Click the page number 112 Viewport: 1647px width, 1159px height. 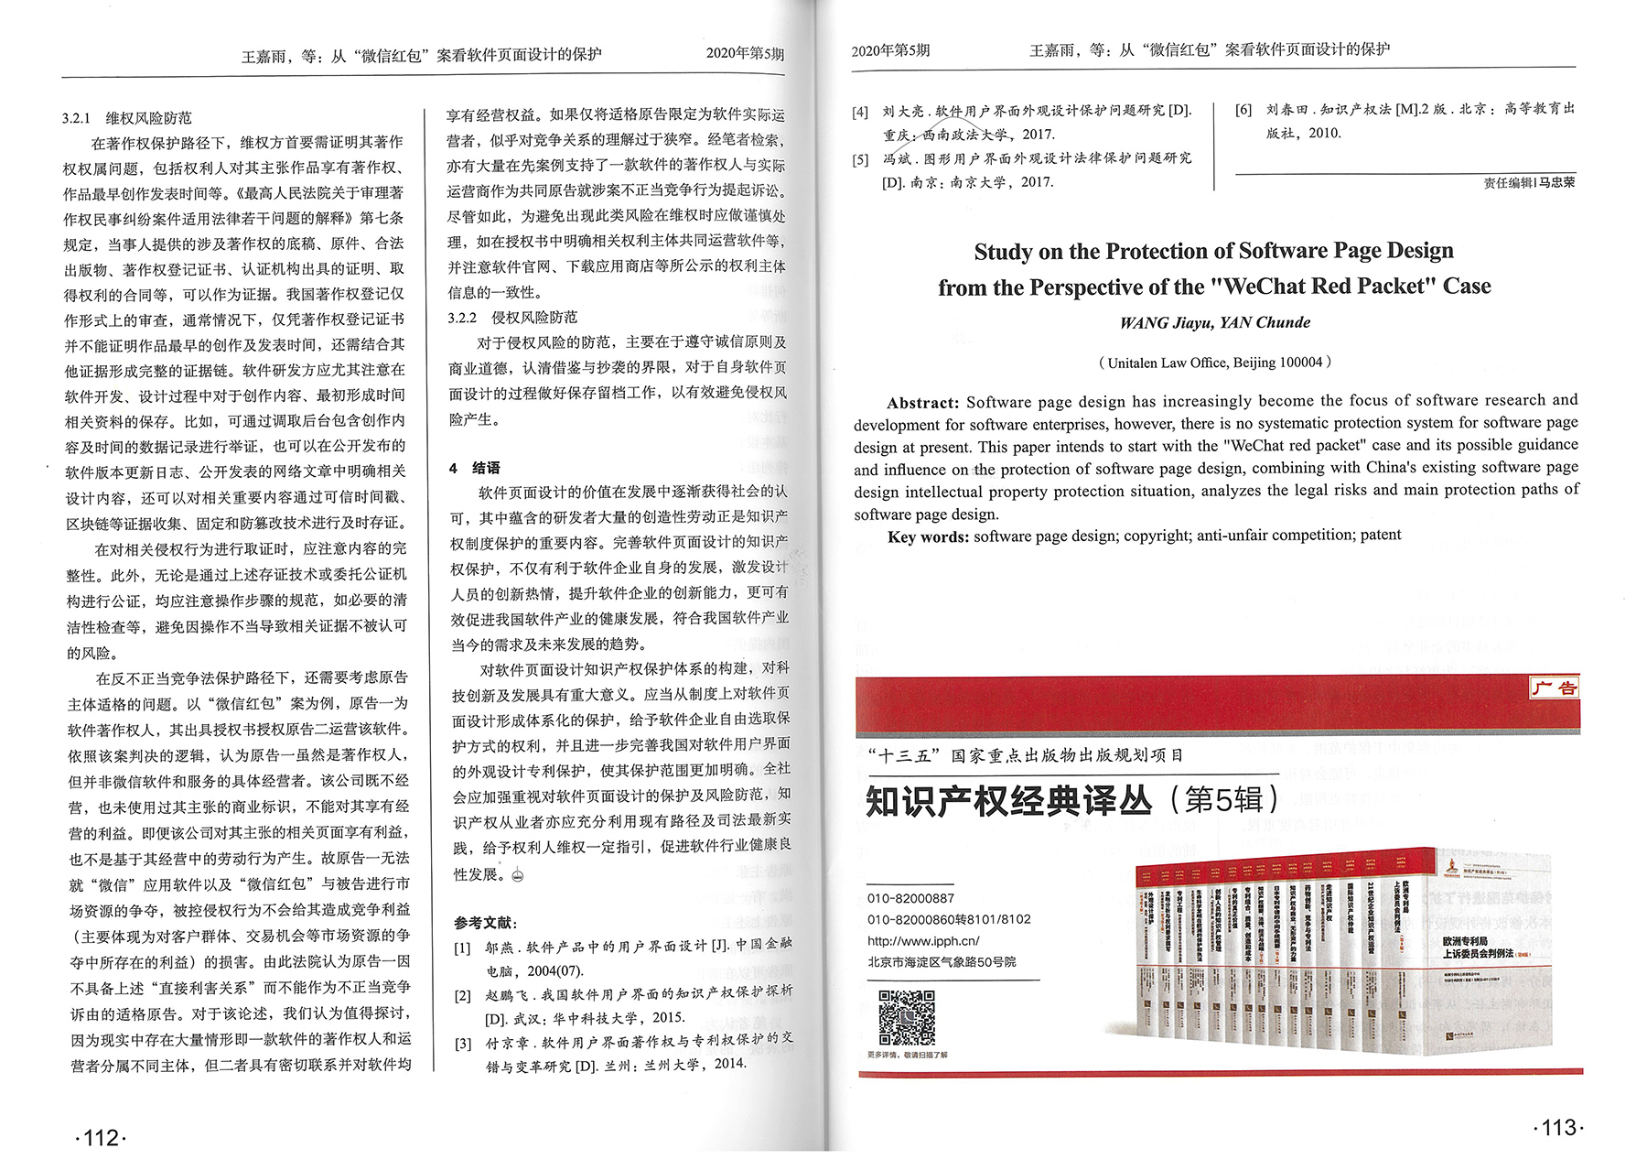[x=100, y=1138]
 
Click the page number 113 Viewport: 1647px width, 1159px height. [x=1557, y=1128]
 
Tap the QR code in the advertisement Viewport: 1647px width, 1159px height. [x=906, y=1017]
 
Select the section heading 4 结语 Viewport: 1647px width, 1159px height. [x=476, y=468]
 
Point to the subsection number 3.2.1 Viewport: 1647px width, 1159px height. [x=76, y=118]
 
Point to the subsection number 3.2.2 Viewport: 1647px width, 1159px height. [x=462, y=318]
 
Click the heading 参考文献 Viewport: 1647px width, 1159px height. [x=484, y=922]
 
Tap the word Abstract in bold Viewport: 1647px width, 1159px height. [x=922, y=403]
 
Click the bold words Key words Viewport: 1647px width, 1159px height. [x=928, y=536]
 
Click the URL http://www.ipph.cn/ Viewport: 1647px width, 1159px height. [x=922, y=941]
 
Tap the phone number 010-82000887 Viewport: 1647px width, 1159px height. [x=910, y=899]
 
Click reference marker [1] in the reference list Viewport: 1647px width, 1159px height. [x=463, y=948]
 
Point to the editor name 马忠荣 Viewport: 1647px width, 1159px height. [x=1556, y=182]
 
